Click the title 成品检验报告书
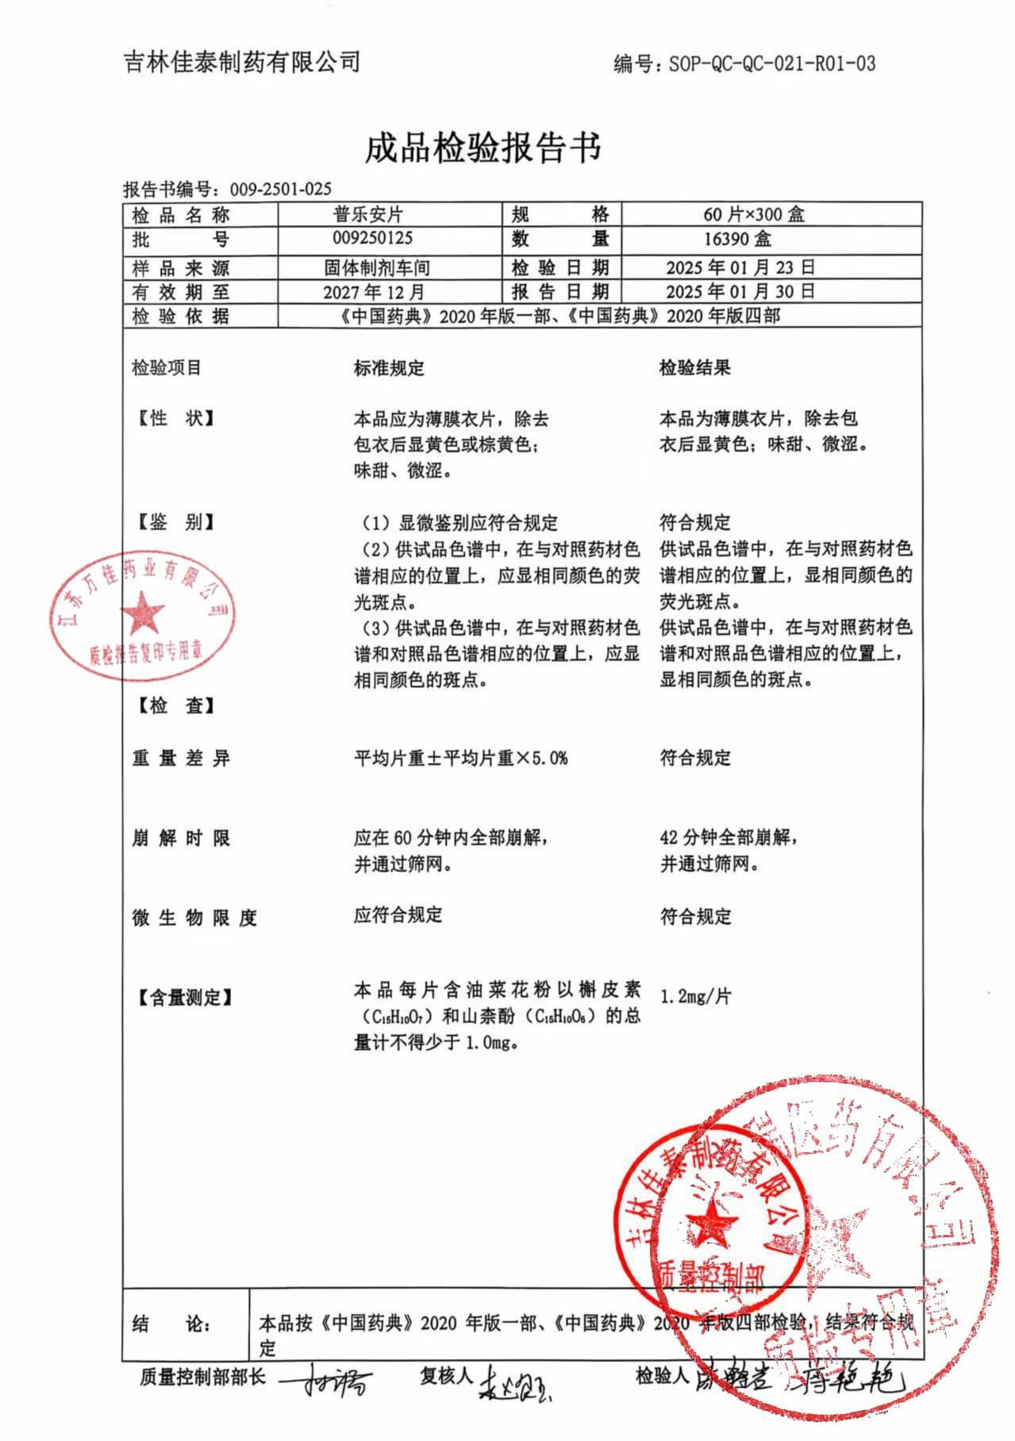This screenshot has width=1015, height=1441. coord(483,148)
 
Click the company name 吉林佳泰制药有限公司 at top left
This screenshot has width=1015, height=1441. coord(242,62)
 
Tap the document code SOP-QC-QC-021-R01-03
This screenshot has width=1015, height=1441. coord(771,63)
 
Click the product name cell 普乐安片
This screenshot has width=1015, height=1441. coord(368,214)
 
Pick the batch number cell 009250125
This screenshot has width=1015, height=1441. coord(373,238)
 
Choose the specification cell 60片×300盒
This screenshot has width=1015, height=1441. coord(753,214)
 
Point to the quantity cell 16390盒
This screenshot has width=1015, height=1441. coord(737,239)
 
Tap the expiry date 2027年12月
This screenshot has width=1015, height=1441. coord(373,292)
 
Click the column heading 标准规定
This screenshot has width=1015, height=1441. coord(389,368)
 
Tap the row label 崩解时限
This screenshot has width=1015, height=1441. coord(181,838)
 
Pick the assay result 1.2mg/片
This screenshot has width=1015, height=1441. coord(695,996)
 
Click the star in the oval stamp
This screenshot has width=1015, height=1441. coord(143,613)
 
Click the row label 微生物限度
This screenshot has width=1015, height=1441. coord(194,918)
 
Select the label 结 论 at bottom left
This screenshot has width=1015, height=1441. coord(171,1324)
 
